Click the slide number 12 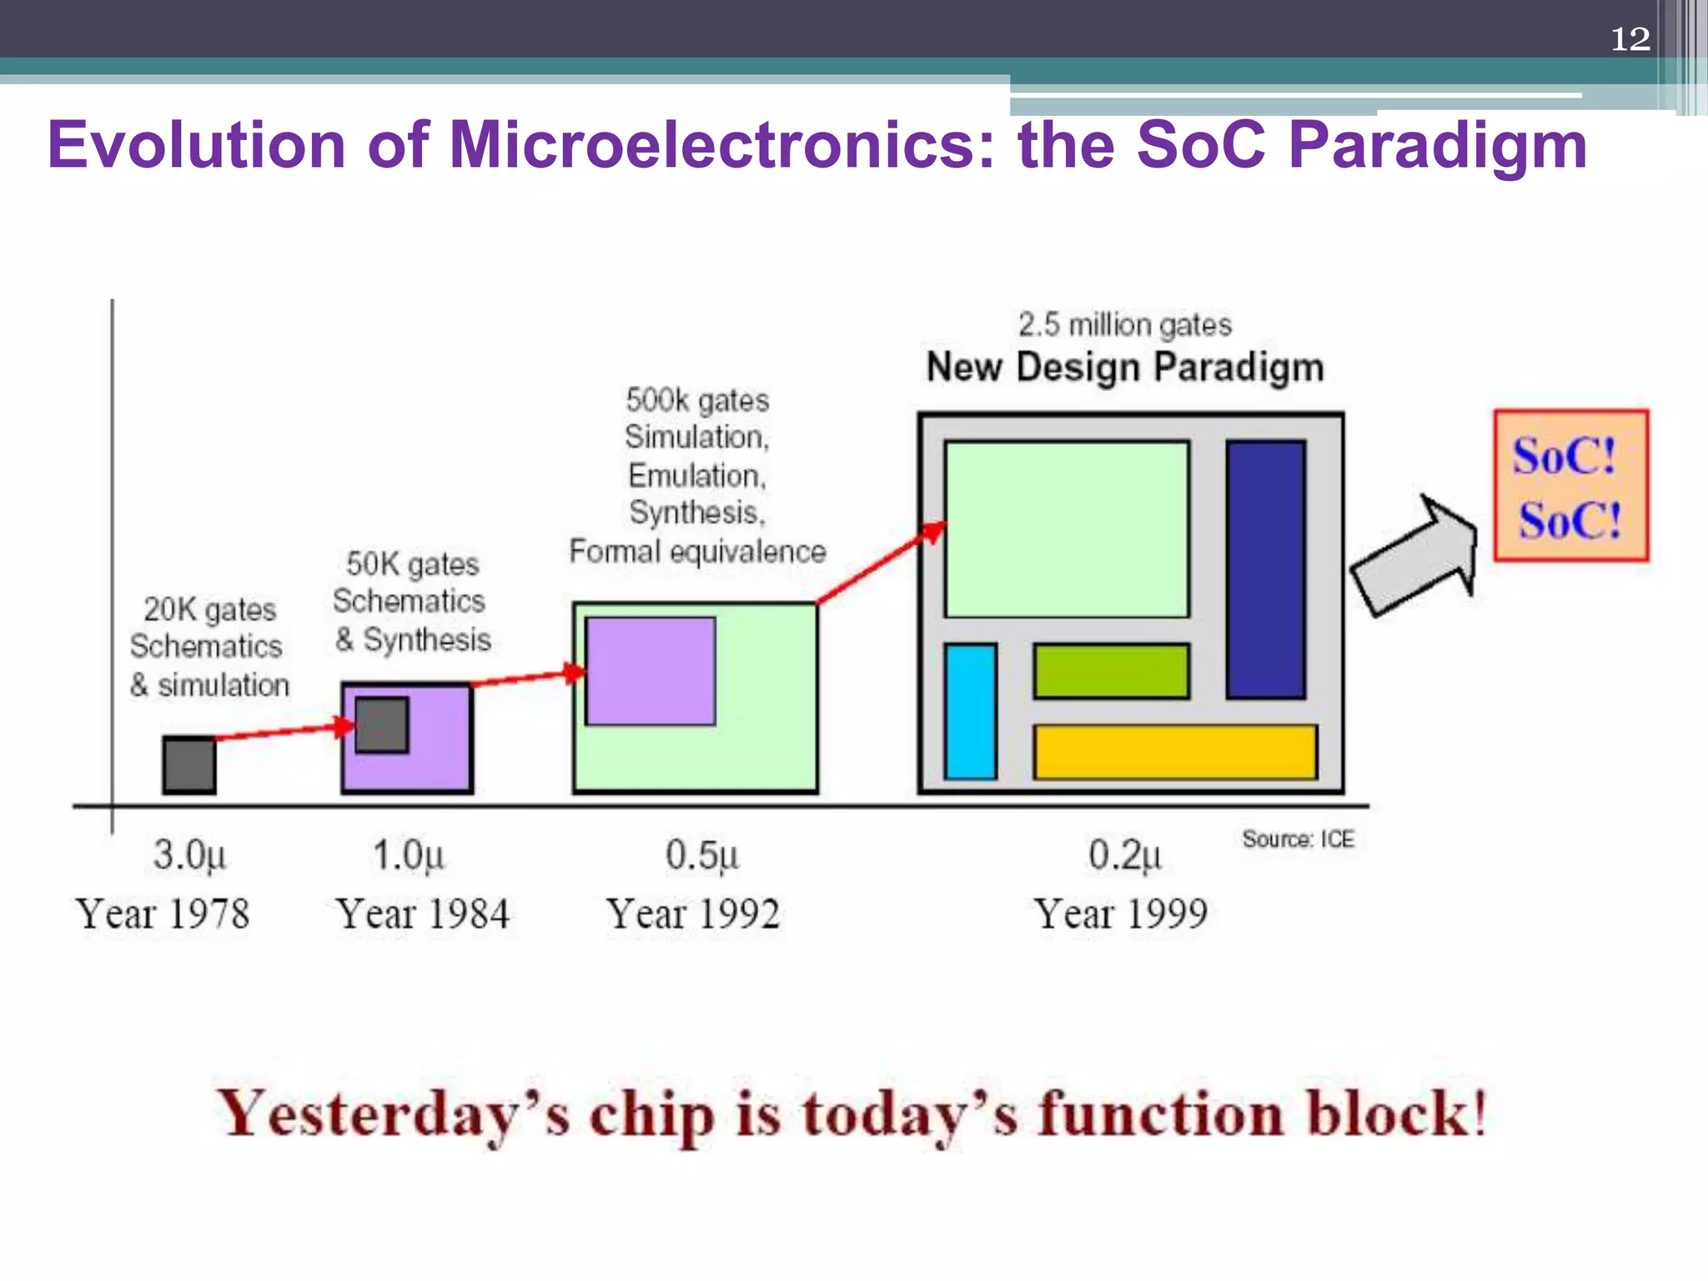tap(1630, 39)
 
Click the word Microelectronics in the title tap(722, 145)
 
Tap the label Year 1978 tap(163, 913)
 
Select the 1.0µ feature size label tap(408, 855)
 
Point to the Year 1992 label tap(692, 913)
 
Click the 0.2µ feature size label tap(1123, 855)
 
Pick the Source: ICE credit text tap(1298, 839)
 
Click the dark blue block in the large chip tap(1265, 570)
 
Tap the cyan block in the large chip tap(971, 711)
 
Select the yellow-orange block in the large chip tap(1174, 751)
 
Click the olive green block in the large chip tap(1111, 671)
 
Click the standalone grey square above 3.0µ tap(189, 765)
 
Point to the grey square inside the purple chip tap(382, 725)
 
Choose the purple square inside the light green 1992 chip tap(651, 671)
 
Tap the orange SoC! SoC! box tap(1570, 485)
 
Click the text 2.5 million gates tap(1124, 324)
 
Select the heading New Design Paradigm tap(1125, 367)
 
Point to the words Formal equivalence tap(697, 551)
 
